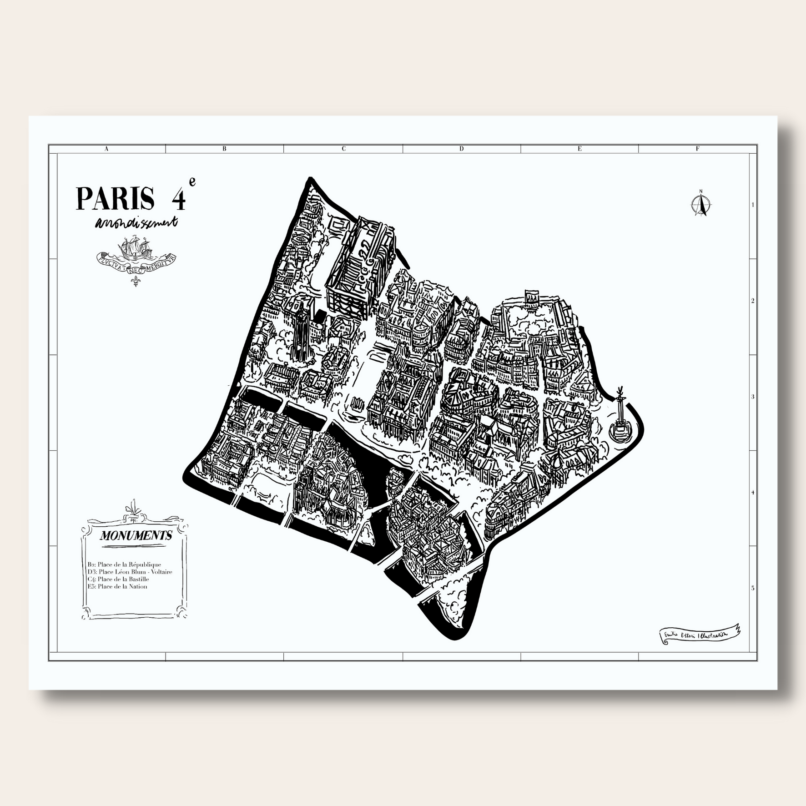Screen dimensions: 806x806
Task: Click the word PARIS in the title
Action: tap(115, 199)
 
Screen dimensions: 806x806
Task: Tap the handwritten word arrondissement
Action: tap(136, 222)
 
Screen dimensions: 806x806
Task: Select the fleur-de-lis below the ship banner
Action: tap(136, 282)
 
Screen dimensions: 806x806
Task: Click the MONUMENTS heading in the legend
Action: tap(136, 535)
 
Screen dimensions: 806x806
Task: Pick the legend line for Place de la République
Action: tap(125, 564)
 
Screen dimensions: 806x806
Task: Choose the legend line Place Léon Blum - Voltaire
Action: tap(130, 572)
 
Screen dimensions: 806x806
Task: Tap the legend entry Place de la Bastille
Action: tap(118, 579)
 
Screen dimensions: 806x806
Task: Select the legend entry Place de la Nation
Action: tap(117, 586)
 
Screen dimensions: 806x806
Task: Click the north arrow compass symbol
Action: tap(701, 205)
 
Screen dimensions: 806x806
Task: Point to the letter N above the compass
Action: tap(701, 191)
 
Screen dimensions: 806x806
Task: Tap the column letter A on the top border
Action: tap(106, 149)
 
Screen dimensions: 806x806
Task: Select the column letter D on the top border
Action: tap(461, 149)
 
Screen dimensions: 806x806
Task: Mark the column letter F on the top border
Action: tap(697, 149)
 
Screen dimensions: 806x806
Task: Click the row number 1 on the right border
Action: tap(753, 205)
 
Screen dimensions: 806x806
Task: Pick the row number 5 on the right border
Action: tap(753, 588)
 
